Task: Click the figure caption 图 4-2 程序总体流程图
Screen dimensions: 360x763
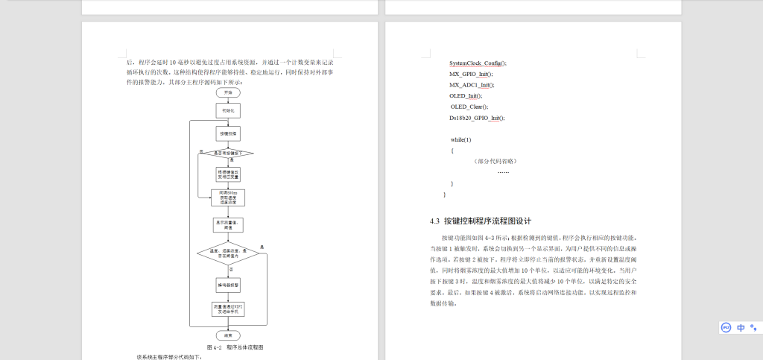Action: (235, 347)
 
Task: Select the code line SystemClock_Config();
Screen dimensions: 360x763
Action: (478, 63)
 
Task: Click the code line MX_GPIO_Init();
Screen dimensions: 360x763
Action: (471, 75)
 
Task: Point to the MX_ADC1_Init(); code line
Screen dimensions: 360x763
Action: (472, 85)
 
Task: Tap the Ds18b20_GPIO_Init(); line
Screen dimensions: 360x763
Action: (477, 118)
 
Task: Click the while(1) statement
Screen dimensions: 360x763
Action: (460, 139)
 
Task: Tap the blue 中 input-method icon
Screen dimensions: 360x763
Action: (741, 327)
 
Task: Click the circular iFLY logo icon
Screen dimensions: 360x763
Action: (726, 327)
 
